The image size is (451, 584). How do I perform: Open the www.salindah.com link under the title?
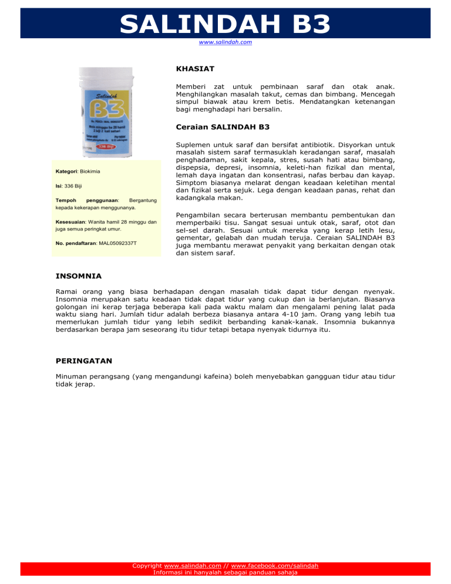[225, 42]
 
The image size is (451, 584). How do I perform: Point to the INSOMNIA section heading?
[79, 276]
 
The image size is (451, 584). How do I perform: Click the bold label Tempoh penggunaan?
[86, 200]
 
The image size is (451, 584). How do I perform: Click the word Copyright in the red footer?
[147, 566]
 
